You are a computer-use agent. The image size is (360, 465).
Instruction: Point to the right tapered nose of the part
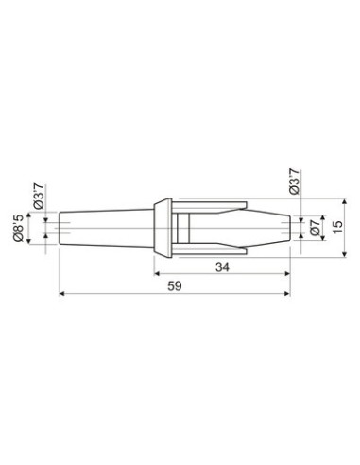(x=269, y=228)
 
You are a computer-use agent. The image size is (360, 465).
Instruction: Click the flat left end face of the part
(x=60, y=228)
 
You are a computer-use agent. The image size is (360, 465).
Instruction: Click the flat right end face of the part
(x=288, y=228)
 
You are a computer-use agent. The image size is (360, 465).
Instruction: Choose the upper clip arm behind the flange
(x=213, y=205)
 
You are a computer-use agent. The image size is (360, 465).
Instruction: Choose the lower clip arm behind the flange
(x=213, y=250)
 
